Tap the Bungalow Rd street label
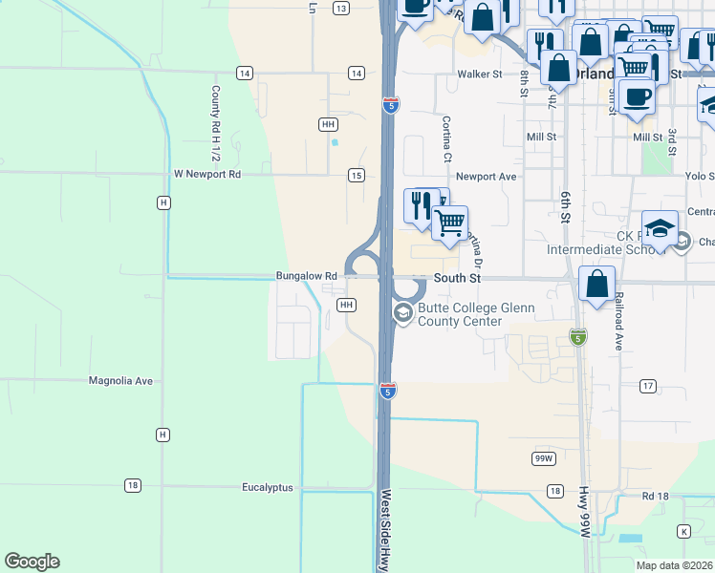pos(306,276)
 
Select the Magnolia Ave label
pos(120,380)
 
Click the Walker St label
pos(480,74)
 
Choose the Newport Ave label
pos(486,177)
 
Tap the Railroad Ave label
pos(619,321)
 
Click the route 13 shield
pos(341,8)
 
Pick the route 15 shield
pos(356,175)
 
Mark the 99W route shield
pos(543,458)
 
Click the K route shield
pos(683,531)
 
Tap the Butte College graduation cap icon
pos(403,312)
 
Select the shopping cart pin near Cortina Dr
pos(448,223)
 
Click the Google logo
pos(32,562)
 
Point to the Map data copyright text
pos(675,565)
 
